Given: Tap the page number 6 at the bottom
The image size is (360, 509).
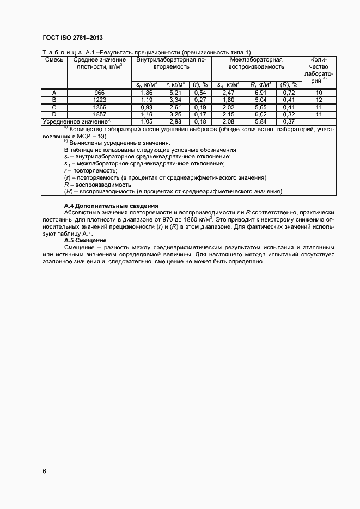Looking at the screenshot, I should pos(44,470).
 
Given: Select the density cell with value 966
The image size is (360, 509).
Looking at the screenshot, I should pos(99,93).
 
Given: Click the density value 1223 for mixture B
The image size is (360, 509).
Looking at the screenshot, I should pos(99,100).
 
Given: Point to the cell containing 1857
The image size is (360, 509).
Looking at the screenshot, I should pos(99,114).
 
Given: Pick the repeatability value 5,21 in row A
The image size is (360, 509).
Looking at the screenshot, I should pos(175,93).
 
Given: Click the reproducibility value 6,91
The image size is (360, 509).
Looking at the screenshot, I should pos(260,93).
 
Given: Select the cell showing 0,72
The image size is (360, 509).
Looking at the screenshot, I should pos(289,93).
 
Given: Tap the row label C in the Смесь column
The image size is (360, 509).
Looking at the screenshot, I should pos(54,107).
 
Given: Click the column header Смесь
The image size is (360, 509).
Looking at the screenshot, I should pos(54,59).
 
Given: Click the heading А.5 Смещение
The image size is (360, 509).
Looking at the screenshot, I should pos(85,240).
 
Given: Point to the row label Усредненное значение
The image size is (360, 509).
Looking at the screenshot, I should pos(77,121).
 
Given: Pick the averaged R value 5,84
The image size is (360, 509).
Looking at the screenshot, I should pos(260,121).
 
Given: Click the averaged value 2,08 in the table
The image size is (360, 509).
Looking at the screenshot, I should pos(228,121).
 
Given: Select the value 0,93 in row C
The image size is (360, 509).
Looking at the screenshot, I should pos(147,107).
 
